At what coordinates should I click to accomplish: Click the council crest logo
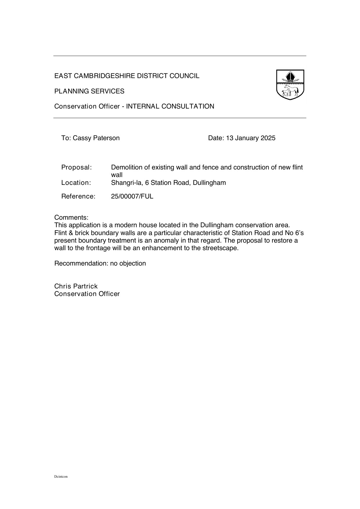(x=290, y=85)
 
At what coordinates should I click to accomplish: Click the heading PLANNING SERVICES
(x=89, y=91)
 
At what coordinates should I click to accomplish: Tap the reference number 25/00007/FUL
(x=132, y=196)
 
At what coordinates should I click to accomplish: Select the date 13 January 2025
(x=251, y=138)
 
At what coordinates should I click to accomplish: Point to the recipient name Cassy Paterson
(x=96, y=138)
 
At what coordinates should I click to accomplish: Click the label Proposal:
(x=77, y=167)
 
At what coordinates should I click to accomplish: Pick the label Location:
(x=76, y=183)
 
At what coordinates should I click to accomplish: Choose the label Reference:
(x=78, y=196)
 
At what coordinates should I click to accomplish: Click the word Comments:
(x=71, y=217)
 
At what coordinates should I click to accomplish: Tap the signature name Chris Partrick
(x=76, y=286)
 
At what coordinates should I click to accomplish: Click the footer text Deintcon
(x=61, y=476)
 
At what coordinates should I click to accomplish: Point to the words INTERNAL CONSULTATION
(x=170, y=107)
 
